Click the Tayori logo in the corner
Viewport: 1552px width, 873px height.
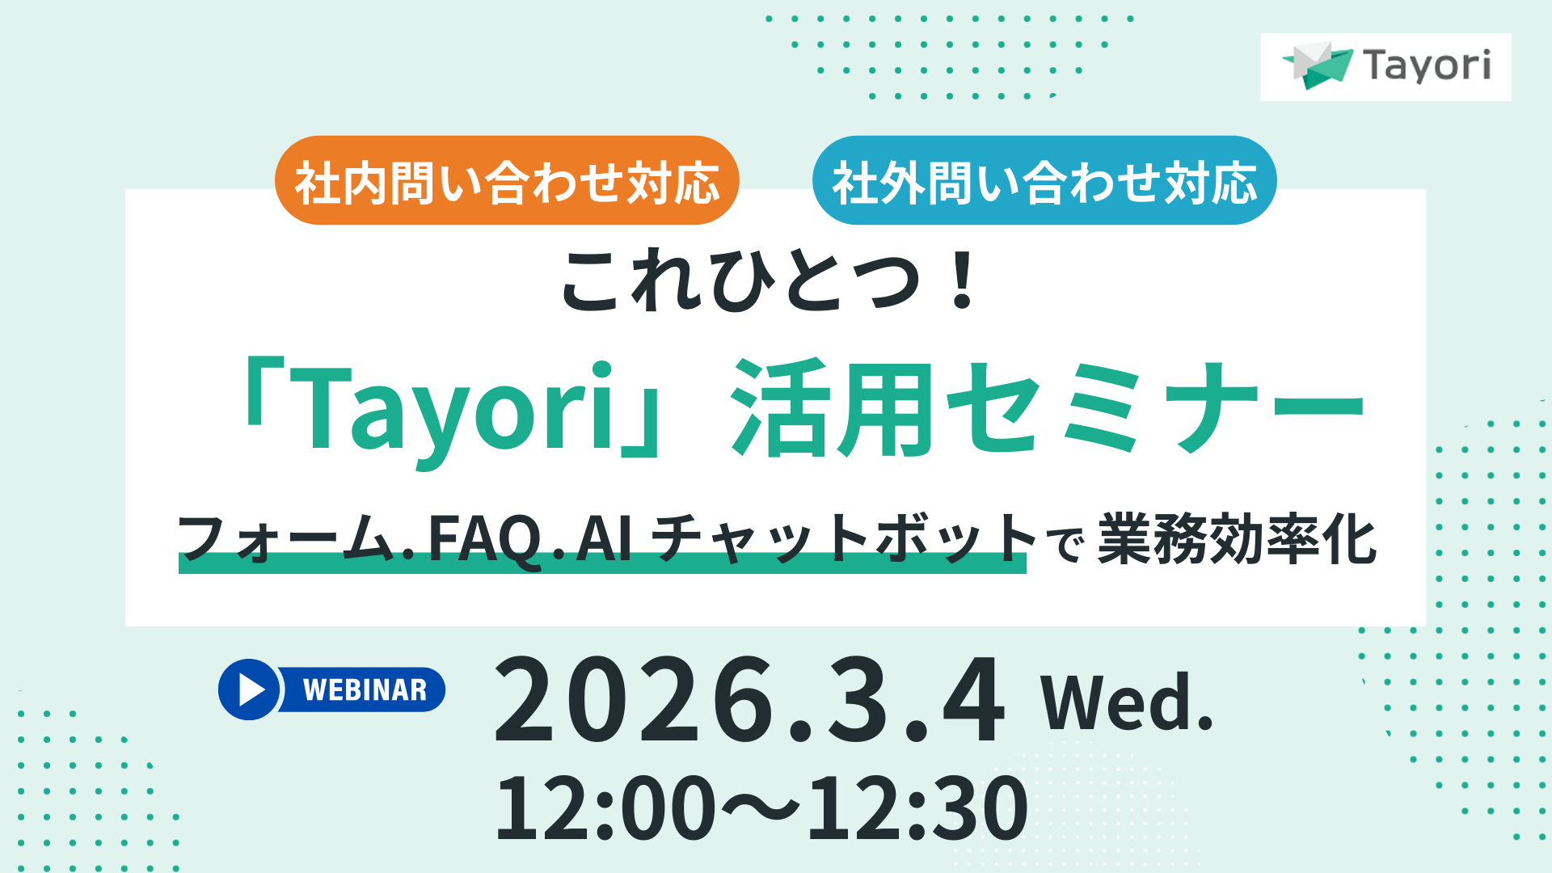click(1385, 66)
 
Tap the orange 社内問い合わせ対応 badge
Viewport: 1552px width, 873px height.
click(507, 181)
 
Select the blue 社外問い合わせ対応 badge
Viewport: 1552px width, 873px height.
click(1044, 181)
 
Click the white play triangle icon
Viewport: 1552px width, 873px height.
click(251, 690)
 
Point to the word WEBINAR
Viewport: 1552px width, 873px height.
click(365, 690)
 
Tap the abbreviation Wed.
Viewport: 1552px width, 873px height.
click(1127, 702)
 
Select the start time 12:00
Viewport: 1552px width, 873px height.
click(605, 808)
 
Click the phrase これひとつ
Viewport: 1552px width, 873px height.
click(740, 280)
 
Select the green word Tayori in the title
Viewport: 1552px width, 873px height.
click(457, 408)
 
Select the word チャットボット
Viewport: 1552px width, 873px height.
click(843, 538)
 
